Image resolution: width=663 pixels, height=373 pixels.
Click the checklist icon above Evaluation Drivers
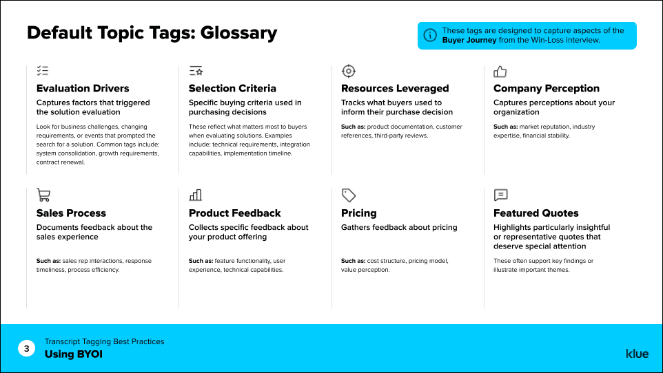43,71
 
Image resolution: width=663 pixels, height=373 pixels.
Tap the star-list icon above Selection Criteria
196,71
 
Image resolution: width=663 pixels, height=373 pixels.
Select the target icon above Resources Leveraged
349,71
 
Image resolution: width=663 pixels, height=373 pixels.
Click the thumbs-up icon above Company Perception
500,71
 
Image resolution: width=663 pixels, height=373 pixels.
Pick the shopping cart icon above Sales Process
43,195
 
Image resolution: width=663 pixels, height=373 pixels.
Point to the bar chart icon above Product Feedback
196,195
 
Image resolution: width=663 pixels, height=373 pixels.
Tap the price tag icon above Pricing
349,195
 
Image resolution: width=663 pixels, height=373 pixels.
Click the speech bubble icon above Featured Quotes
501,195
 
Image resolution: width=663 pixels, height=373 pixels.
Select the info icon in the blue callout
430,35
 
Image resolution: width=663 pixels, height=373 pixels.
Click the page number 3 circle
26,349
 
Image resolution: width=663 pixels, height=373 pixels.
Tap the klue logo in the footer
637,354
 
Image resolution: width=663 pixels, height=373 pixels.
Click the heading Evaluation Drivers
83,88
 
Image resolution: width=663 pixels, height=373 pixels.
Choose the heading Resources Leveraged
395,88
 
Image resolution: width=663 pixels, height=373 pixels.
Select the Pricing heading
359,213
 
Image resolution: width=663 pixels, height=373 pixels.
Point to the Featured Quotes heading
536,213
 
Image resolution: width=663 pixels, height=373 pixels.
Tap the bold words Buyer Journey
469,40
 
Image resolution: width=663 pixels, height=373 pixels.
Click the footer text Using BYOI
74,354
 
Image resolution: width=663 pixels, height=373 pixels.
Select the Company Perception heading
547,88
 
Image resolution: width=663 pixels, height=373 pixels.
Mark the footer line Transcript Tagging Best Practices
105,341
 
